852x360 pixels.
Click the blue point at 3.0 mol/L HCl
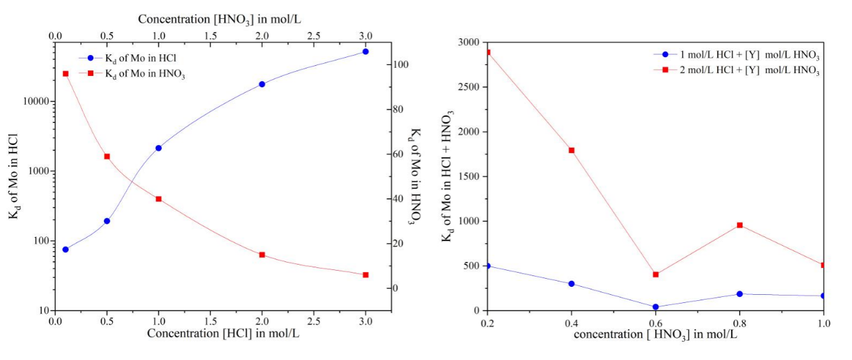(x=366, y=52)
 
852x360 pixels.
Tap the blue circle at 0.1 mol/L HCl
(x=65, y=249)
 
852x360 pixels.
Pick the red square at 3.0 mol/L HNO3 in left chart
(x=366, y=275)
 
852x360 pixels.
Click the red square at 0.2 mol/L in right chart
(x=488, y=52)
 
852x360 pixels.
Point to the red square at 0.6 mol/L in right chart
(x=656, y=274)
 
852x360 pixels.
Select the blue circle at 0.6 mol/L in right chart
(x=656, y=307)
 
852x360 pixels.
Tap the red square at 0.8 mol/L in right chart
(x=740, y=225)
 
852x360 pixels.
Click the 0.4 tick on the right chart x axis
(x=572, y=323)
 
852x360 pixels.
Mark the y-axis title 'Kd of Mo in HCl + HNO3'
(x=446, y=175)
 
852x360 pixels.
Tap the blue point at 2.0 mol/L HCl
(x=262, y=84)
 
